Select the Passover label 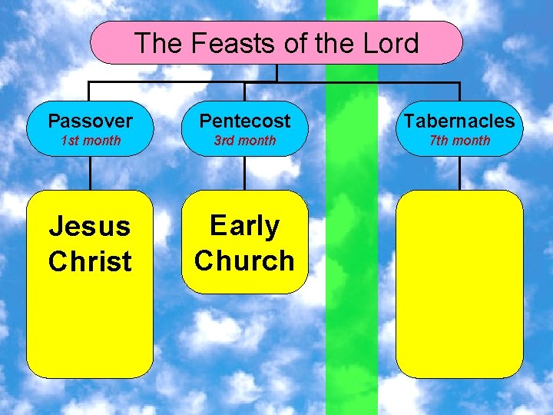pos(90,121)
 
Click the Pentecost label pos(245,121)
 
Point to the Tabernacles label pos(459,121)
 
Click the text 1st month pos(90,141)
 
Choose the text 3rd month pos(245,141)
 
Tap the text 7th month pos(459,141)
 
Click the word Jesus pos(90,226)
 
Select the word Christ pos(90,261)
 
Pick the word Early pos(245,226)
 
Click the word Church pos(245,261)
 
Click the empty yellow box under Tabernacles pos(459,284)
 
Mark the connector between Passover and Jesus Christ pos(90,174)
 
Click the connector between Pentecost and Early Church pos(245,174)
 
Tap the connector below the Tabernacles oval pos(459,174)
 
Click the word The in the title pos(158,43)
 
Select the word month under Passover pos(103,141)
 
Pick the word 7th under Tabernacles pos(441,141)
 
